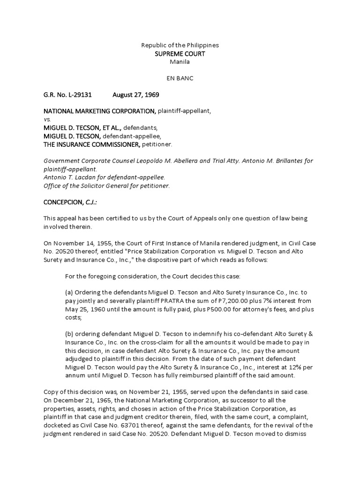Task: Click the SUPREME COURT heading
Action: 180,53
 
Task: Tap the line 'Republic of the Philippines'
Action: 180,45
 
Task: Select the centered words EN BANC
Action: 180,78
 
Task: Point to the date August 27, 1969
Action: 135,95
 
